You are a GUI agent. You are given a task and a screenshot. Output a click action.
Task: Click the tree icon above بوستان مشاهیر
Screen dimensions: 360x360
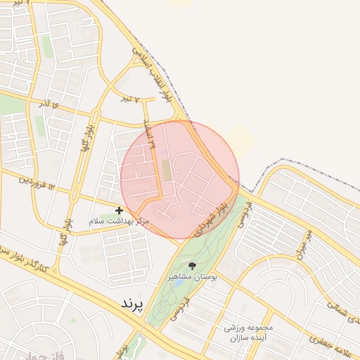[192, 266]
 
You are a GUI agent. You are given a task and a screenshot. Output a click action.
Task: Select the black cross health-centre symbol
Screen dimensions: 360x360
[120, 210]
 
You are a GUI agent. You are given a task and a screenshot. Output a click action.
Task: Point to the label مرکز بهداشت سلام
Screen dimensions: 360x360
[120, 221]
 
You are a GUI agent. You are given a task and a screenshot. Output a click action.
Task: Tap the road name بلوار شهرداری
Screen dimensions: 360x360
[212, 218]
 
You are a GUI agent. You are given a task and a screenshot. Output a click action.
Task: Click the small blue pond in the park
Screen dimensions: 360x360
[156, 310]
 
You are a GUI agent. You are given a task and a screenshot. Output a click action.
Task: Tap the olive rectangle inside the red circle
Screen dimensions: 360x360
[166, 169]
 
